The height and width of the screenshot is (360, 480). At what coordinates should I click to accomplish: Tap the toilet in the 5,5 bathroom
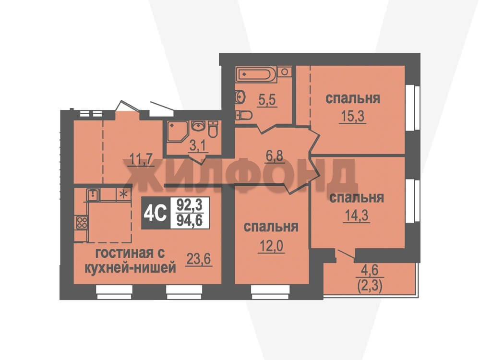click(x=244, y=115)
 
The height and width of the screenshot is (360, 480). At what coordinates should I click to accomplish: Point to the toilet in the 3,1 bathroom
click(x=213, y=129)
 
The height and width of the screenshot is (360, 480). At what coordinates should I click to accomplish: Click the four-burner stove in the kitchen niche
click(x=82, y=222)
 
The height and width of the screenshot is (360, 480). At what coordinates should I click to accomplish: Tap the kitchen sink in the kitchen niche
click(x=93, y=195)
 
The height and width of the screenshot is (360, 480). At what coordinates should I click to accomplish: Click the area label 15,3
click(x=352, y=116)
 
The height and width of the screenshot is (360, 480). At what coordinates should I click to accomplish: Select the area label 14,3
click(x=357, y=216)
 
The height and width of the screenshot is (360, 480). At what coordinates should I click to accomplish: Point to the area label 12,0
click(x=272, y=246)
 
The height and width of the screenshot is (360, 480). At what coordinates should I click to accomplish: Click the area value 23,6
click(x=199, y=259)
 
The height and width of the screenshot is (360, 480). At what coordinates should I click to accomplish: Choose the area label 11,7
click(x=141, y=159)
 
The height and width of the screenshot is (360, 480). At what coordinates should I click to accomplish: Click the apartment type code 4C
click(x=155, y=213)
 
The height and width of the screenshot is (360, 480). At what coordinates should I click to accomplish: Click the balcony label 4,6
click(x=370, y=270)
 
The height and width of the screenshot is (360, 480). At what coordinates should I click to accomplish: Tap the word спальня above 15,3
click(x=353, y=98)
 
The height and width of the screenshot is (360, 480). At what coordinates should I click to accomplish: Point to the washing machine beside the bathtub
click(x=284, y=72)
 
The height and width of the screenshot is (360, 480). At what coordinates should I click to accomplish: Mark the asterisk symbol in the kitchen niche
click(x=124, y=194)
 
